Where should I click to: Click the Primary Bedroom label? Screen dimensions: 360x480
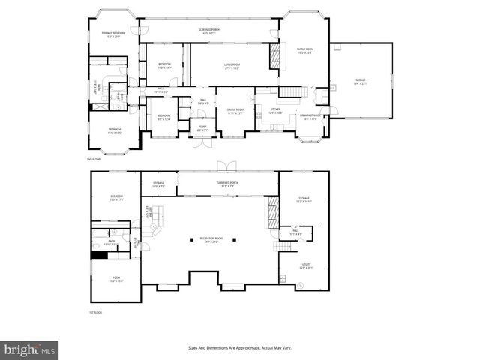113,34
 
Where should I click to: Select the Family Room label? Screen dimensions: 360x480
305,51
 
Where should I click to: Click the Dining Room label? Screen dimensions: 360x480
235,112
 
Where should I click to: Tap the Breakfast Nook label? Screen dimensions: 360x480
311,117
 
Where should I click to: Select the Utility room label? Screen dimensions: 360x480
305,266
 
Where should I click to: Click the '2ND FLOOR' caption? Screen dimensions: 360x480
94,160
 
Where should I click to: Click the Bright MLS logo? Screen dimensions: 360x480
30,349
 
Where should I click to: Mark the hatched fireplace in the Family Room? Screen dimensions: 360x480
274,56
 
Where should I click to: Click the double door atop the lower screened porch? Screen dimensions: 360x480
221,166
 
